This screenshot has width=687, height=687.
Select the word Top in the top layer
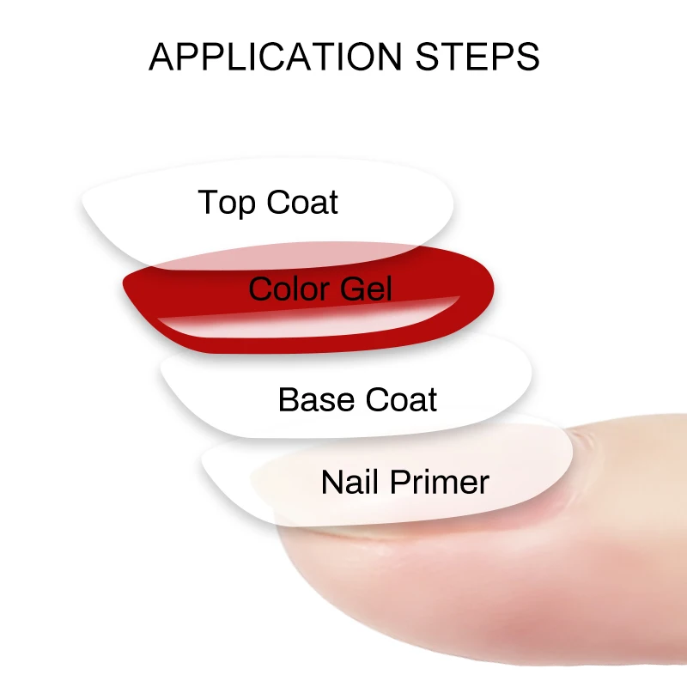point(227,203)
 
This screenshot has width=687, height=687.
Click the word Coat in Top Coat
point(301,203)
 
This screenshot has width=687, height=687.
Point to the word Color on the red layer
point(284,289)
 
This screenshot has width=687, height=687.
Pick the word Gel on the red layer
point(365,289)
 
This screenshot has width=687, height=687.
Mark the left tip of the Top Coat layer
point(84,206)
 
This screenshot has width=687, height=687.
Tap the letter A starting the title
point(160,57)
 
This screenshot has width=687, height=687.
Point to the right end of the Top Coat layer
point(450,206)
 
